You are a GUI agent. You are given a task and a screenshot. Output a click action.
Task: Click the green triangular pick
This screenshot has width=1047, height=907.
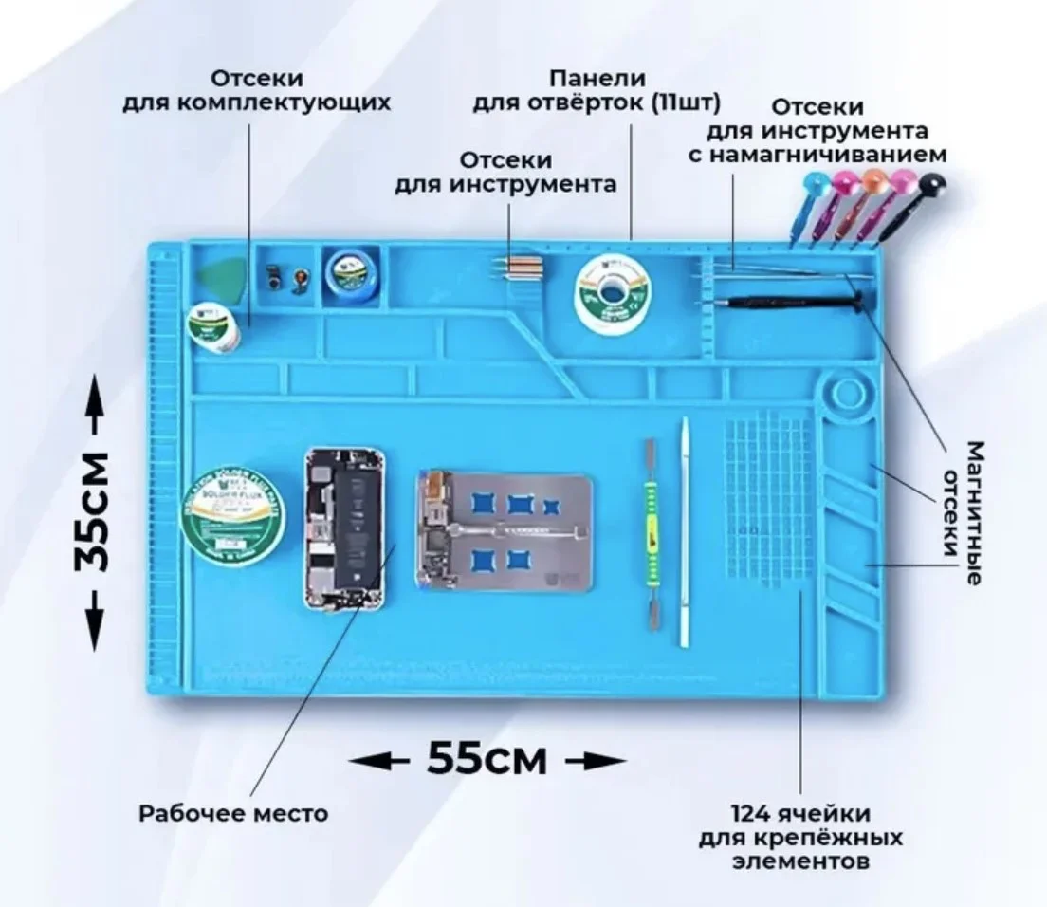pos(217,276)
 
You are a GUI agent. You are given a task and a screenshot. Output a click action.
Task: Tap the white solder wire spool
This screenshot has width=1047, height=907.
pos(609,293)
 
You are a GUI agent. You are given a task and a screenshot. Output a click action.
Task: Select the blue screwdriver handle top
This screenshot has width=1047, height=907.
pos(813,181)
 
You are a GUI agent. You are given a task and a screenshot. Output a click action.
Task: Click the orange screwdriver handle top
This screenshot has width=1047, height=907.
pos(873,178)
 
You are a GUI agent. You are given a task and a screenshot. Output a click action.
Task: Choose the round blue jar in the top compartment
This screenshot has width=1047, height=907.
pos(347,272)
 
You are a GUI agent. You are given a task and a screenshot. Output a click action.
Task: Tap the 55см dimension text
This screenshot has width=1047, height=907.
pos(487,758)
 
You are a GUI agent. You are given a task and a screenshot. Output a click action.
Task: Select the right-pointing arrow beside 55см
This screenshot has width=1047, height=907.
pos(595,760)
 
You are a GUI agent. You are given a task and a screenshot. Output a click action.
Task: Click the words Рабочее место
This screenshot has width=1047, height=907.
pos(232,813)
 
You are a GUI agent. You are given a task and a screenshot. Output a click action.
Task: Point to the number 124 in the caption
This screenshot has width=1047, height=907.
pos(752,814)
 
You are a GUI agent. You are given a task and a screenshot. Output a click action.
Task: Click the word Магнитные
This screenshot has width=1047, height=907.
pos(973,512)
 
